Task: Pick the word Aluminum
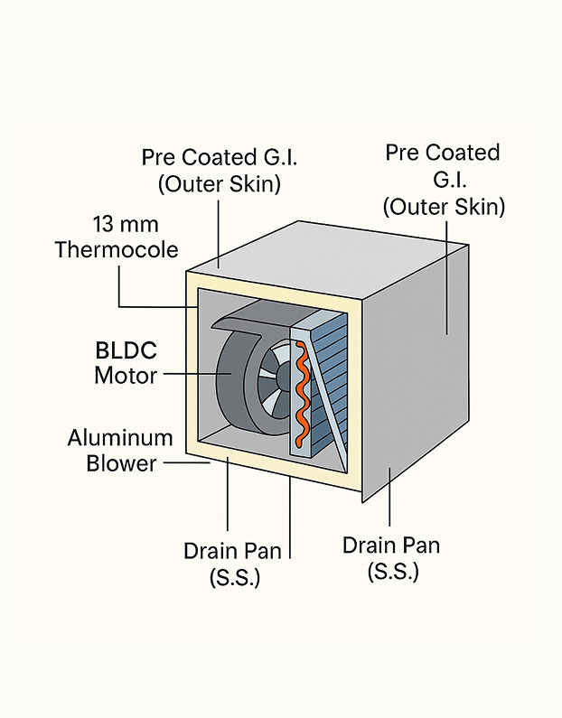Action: coord(120,439)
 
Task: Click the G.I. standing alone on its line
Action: coord(443,180)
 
